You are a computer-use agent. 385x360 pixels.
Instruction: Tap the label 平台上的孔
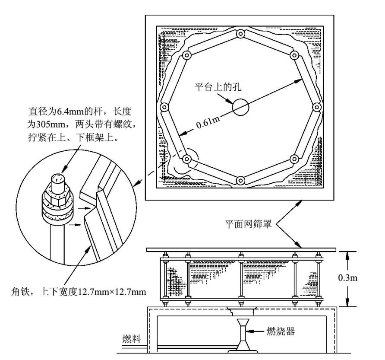point(217,86)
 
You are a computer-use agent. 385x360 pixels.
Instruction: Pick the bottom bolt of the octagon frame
point(240,180)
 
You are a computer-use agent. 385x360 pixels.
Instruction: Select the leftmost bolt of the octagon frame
point(164,107)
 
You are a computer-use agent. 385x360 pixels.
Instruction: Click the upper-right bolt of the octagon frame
point(294,55)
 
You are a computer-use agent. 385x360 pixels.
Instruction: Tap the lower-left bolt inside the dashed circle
point(187,159)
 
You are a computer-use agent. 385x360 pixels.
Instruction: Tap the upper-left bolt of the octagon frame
point(187,55)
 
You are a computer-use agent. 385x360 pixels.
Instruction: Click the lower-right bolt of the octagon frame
point(294,159)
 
